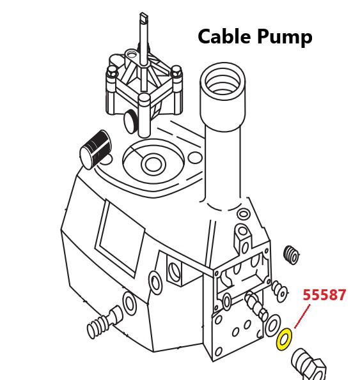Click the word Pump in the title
click(x=285, y=38)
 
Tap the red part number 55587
click(x=324, y=295)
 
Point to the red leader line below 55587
click(x=302, y=317)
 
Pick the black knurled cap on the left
click(x=95, y=149)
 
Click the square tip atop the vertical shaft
click(x=143, y=17)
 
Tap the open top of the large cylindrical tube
click(x=223, y=79)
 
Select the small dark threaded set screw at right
click(x=292, y=255)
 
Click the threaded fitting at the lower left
click(x=104, y=322)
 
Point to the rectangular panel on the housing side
click(x=120, y=238)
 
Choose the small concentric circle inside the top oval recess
click(x=153, y=164)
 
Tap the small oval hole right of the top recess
click(x=195, y=158)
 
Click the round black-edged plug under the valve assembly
click(x=130, y=121)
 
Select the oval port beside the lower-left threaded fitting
click(x=129, y=303)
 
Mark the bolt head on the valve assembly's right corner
click(x=176, y=72)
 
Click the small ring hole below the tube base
click(x=243, y=214)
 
